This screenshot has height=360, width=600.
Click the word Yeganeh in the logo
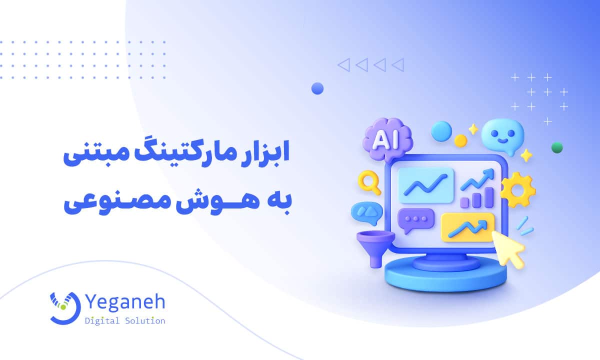click(125, 302)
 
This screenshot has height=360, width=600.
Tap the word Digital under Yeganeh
click(102, 320)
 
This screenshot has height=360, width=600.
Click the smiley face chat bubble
click(505, 133)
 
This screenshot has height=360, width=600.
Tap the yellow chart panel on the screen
click(467, 226)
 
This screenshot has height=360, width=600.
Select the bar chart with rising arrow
click(476, 189)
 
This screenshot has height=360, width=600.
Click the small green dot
click(557, 147)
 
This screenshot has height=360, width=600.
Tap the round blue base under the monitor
click(445, 274)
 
